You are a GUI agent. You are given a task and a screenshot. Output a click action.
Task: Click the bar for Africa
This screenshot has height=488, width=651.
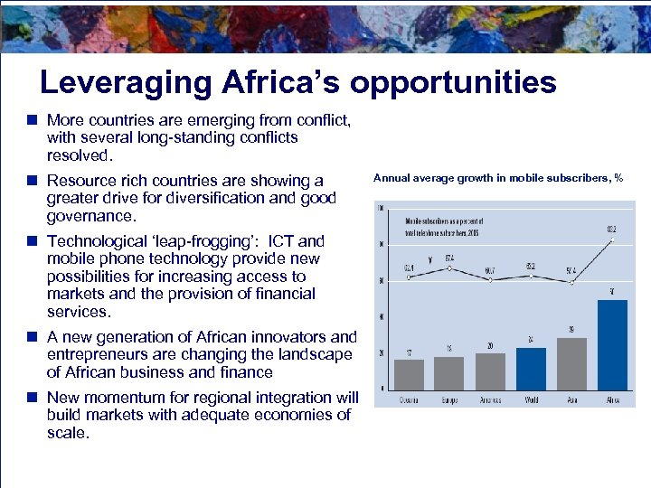[x=612, y=344]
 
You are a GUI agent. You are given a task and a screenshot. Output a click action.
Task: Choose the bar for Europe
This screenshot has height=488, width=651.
[x=449, y=372]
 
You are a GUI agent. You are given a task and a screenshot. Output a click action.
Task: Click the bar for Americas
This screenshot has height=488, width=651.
[x=490, y=371]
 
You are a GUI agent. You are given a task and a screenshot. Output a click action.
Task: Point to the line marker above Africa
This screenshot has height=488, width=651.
[x=612, y=240]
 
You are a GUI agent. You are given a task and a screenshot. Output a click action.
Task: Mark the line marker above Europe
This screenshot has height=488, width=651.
[x=449, y=267]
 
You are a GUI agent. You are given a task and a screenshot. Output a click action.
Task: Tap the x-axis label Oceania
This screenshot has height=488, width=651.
[x=409, y=399]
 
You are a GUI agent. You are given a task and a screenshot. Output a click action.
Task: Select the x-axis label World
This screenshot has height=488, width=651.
[x=531, y=399]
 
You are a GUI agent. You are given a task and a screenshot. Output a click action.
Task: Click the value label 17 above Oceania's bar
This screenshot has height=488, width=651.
[x=409, y=352]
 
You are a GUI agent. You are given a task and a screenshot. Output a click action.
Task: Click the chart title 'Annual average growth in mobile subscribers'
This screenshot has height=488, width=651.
[x=497, y=178]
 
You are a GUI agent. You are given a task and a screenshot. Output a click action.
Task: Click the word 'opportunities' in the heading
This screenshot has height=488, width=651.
[x=453, y=83]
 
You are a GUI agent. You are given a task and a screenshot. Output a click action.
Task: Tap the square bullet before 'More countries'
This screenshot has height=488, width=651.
[x=31, y=119]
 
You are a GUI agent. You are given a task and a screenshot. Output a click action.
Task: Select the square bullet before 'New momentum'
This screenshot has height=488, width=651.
[x=31, y=397]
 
